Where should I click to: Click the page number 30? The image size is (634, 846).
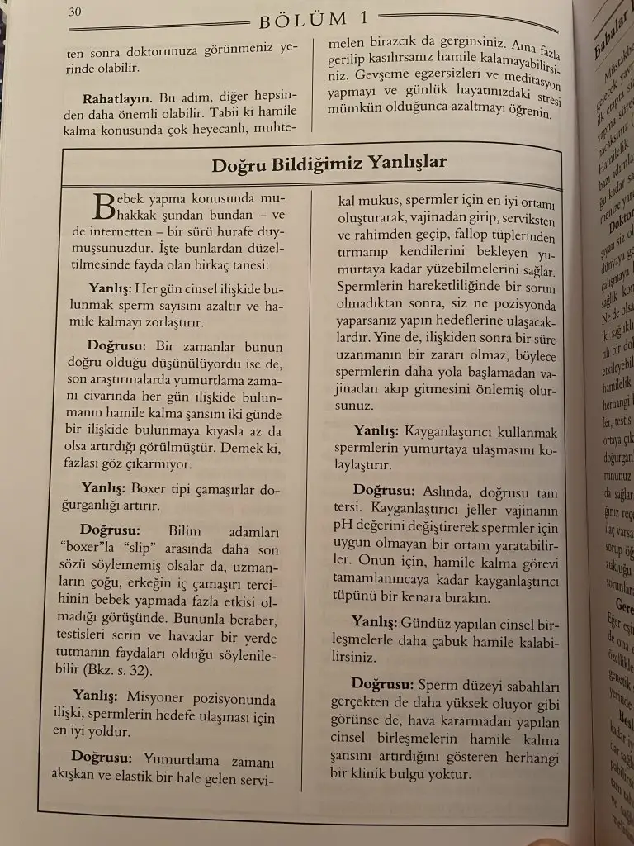pyautogui.click(x=75, y=12)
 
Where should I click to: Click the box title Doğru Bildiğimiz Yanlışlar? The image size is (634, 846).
pyautogui.click(x=329, y=162)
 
